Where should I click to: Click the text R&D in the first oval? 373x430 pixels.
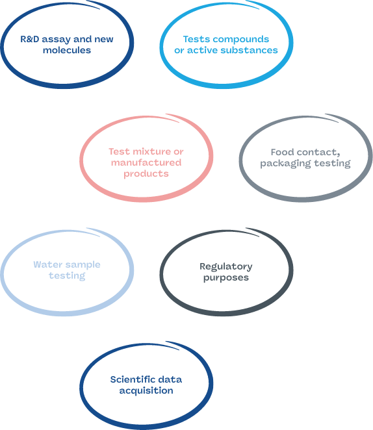pos(30,39)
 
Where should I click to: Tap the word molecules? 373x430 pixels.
pos(67,50)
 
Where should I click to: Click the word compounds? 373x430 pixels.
pos(241,40)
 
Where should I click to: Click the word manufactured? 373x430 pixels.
pos(146,162)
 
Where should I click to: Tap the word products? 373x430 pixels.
pos(146,174)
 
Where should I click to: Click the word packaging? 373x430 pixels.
pos(285,164)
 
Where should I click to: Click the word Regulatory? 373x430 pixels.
pos(226,267)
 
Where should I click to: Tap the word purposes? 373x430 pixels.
pos(226,278)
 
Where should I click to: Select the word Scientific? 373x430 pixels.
pos(132,379)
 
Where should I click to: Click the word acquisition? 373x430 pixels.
pos(146,391)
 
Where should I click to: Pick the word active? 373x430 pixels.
pos(202,50)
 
